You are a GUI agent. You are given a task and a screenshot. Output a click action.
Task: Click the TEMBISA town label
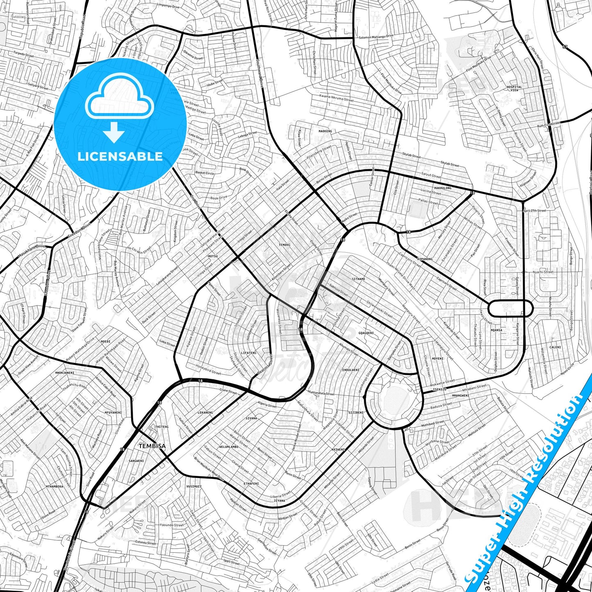pos(152,446)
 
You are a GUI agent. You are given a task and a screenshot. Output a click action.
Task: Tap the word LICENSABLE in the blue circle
pos(120,156)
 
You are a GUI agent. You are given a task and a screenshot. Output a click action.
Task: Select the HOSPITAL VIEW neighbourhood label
pos(514,88)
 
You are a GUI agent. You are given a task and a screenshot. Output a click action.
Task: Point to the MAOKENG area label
pos(325,131)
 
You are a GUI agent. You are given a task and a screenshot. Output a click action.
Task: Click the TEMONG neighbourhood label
pos(284,245)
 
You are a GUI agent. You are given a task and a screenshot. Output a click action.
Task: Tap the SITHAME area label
pos(358,279)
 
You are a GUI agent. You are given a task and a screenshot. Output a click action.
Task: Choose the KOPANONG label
pos(424,259)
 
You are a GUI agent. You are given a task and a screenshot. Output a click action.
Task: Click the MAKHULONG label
pos(442,188)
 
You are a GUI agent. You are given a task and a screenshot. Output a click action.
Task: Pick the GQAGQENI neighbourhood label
pos(366,333)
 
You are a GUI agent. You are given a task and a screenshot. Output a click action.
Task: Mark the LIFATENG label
pos(249,353)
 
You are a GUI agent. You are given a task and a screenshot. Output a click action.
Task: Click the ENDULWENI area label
pos(351,370)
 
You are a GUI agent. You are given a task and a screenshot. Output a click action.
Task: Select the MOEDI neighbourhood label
pos(106,341)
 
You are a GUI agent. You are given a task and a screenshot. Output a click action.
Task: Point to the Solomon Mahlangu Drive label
pos(376,37)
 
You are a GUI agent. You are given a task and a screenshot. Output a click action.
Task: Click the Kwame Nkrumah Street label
pos(336,99)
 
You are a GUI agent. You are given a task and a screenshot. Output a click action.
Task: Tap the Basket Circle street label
pos(204,173)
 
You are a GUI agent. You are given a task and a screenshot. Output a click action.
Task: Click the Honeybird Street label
pos(208,370)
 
